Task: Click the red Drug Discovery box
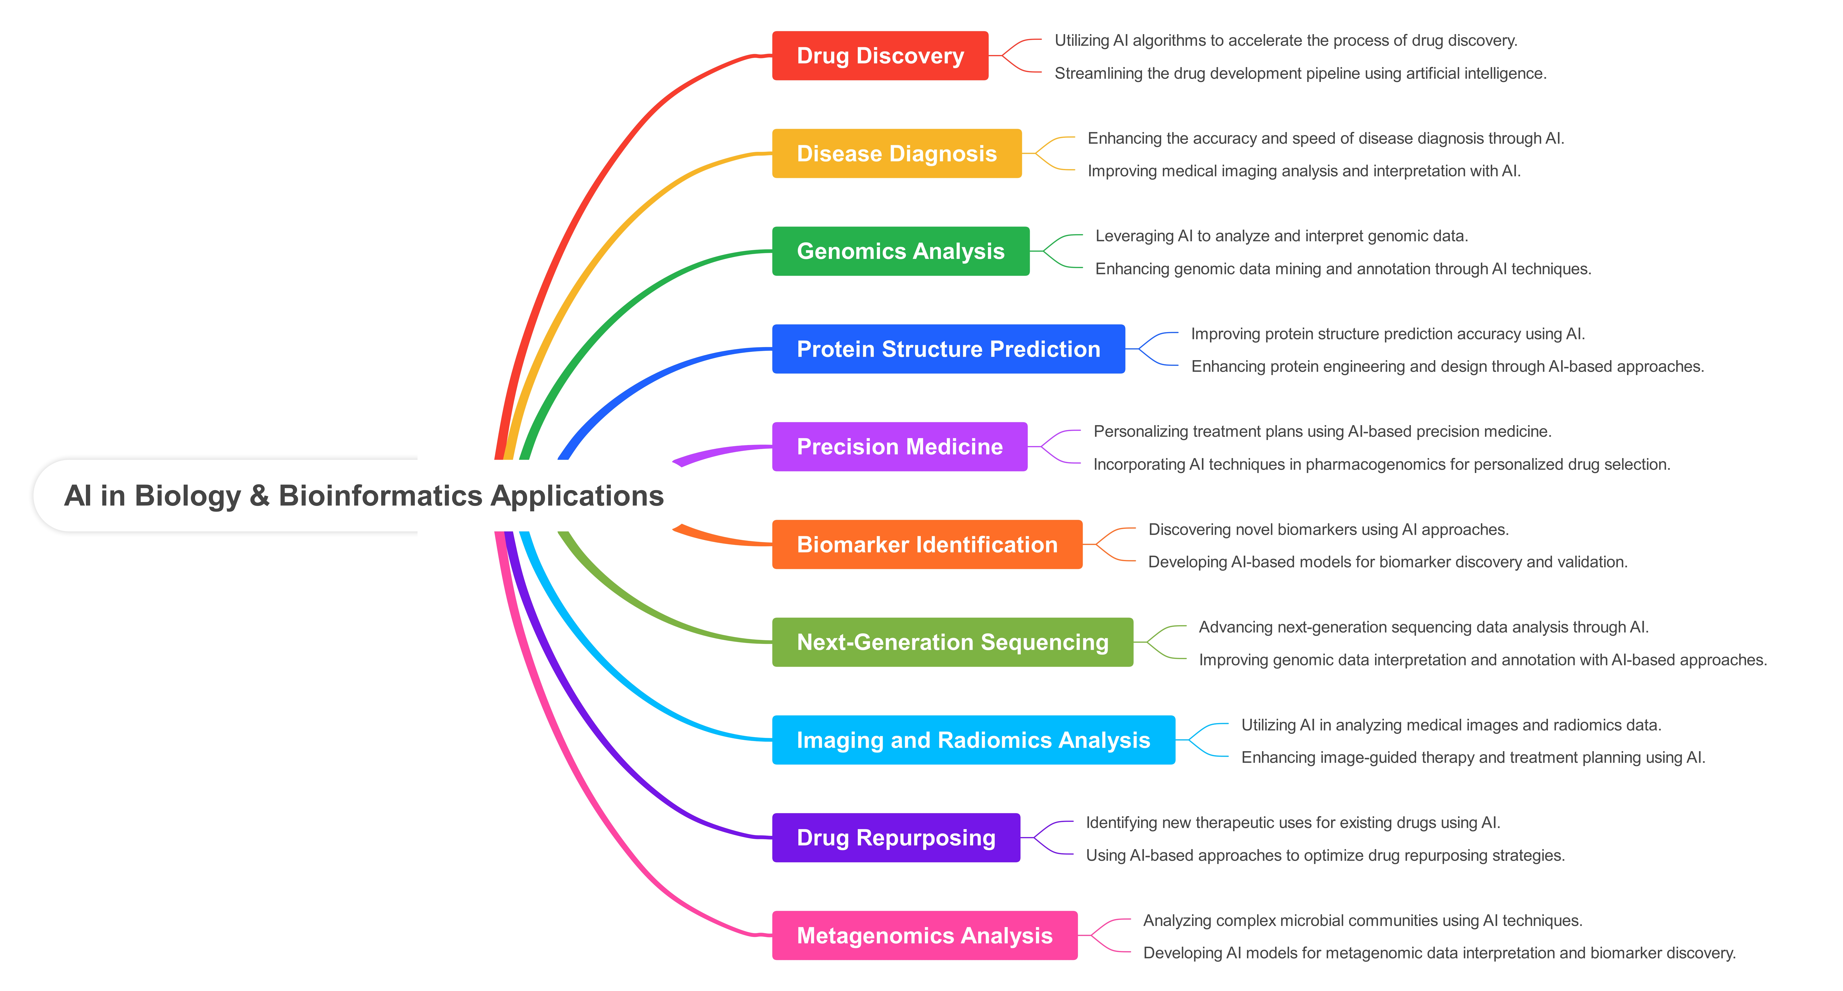(880, 56)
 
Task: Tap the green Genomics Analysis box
(901, 251)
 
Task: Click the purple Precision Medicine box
(899, 447)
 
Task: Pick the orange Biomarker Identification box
(927, 545)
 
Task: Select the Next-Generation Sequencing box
(952, 642)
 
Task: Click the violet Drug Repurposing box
(896, 838)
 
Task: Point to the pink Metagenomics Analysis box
(924, 935)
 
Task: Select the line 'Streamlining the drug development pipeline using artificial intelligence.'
(1300, 74)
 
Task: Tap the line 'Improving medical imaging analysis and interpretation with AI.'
(1304, 171)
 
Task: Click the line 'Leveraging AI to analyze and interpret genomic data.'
(1281, 236)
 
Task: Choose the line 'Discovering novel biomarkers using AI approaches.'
(1328, 530)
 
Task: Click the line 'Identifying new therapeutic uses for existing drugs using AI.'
(1293, 823)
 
